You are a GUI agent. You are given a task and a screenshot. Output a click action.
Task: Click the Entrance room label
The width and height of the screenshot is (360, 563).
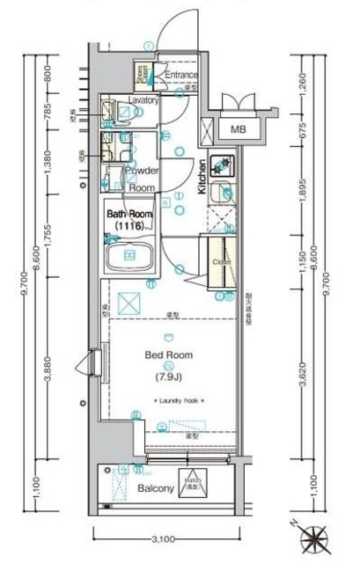tap(180, 75)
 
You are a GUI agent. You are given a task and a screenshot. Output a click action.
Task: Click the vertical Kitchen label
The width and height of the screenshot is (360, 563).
tap(202, 175)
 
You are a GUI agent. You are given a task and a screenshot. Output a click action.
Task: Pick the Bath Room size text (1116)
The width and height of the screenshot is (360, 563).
tap(129, 227)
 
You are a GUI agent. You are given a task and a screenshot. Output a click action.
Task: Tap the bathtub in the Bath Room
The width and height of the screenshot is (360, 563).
tap(130, 257)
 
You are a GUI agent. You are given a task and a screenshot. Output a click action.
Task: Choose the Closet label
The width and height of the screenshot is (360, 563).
tap(220, 262)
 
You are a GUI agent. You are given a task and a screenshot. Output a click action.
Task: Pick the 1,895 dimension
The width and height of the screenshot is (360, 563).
tap(301, 198)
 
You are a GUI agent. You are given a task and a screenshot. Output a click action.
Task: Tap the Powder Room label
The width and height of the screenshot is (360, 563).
tap(141, 179)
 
